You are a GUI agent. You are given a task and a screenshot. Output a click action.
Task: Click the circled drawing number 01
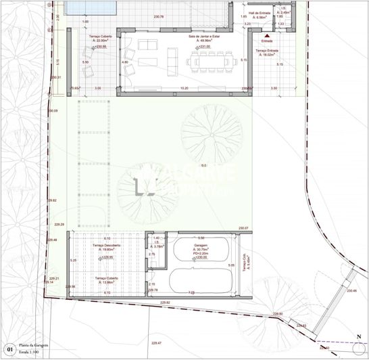[9, 349]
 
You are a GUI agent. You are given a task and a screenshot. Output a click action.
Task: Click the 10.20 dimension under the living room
[184, 89]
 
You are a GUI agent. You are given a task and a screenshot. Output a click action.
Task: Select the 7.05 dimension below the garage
[192, 293]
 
